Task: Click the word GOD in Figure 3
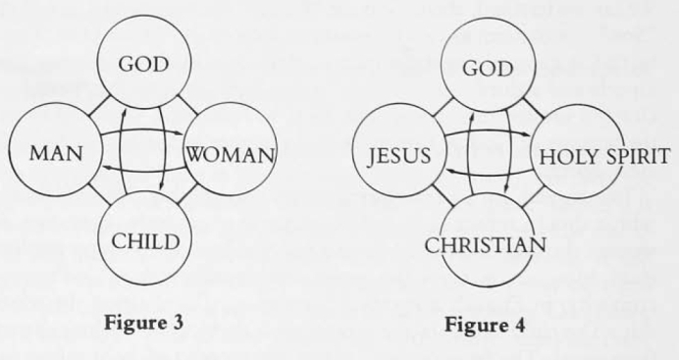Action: coord(143,65)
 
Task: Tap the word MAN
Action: coord(56,154)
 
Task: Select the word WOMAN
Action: coord(231,154)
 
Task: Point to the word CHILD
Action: coord(145,241)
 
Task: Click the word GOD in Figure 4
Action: coord(488,69)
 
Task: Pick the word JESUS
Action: coord(398,156)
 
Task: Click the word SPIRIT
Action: coord(638,156)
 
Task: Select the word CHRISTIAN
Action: coord(485,246)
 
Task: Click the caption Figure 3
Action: coord(144,323)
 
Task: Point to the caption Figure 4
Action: coord(485,325)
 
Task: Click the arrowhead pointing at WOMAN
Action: coord(181,133)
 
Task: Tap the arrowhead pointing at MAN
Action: coord(106,168)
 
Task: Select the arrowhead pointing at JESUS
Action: coord(449,172)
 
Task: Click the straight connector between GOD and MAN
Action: coord(98,106)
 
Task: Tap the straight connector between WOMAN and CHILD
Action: coord(187,194)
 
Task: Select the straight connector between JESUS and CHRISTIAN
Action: coord(444,195)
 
